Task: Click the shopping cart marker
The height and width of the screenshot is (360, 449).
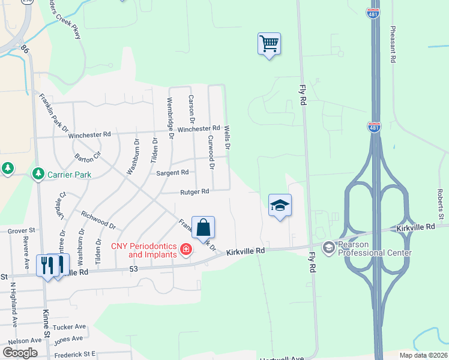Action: click(269, 44)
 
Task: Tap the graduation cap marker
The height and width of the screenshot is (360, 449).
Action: click(279, 206)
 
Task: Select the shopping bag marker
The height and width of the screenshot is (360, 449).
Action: click(203, 228)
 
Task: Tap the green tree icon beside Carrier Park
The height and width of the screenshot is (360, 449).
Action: click(38, 173)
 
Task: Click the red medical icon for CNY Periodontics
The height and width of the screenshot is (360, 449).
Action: click(187, 249)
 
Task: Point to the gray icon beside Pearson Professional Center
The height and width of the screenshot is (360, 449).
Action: click(328, 247)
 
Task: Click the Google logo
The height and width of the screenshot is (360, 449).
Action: click(19, 353)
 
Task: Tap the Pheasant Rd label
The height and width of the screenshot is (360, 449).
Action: click(393, 45)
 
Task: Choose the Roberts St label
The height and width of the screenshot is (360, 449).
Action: click(441, 204)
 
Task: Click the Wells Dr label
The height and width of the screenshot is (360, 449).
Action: click(228, 137)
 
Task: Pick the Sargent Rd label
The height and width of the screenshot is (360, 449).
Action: click(172, 172)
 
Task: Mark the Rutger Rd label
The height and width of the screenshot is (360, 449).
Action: click(194, 192)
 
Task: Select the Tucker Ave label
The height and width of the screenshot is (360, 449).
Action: click(70, 328)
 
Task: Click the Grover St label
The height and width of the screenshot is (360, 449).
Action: click(22, 230)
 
